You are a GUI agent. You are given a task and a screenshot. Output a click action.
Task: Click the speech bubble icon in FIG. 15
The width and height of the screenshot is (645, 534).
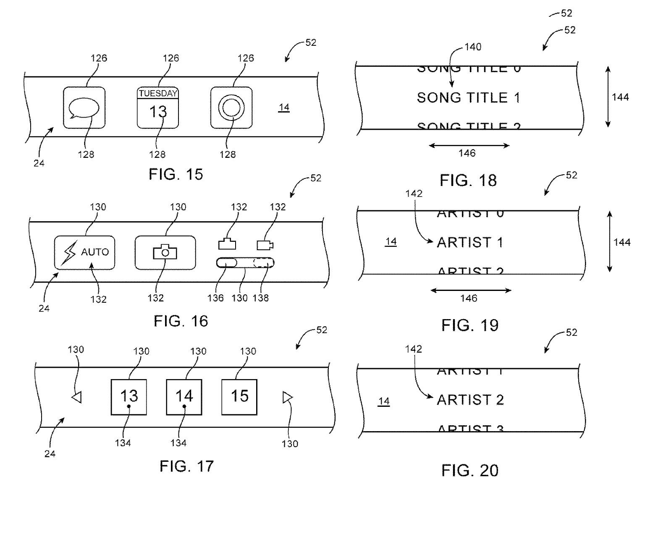(x=84, y=108)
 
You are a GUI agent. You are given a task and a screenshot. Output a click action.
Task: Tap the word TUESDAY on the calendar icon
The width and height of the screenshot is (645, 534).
(x=158, y=93)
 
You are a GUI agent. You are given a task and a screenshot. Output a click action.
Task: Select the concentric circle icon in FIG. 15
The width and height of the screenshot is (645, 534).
(x=231, y=108)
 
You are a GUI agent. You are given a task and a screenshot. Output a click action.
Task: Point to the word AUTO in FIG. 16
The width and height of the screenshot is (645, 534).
(x=95, y=252)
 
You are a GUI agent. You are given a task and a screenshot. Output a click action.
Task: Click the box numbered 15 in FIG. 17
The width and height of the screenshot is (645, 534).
(x=239, y=397)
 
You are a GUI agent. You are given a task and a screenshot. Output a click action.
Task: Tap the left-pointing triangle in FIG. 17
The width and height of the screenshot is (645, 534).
(x=76, y=397)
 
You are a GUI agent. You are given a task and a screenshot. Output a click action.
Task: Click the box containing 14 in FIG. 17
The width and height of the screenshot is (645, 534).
(x=184, y=397)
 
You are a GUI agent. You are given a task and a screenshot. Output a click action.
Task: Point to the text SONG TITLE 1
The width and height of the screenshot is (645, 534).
(x=468, y=98)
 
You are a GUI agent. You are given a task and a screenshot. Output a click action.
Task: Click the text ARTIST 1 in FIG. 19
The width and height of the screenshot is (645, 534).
(x=470, y=242)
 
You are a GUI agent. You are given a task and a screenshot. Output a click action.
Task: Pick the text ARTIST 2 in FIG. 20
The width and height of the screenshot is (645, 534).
(x=470, y=400)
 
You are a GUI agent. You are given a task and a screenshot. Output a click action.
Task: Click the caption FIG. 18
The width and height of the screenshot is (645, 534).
(x=468, y=181)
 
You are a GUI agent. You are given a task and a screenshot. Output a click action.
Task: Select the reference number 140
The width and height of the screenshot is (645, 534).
(x=473, y=47)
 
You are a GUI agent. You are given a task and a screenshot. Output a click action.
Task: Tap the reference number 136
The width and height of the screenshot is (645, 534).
(x=215, y=298)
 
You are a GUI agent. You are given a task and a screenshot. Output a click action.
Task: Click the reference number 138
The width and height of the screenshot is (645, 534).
(x=261, y=298)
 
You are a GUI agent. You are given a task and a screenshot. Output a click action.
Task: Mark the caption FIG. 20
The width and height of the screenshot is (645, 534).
(x=470, y=471)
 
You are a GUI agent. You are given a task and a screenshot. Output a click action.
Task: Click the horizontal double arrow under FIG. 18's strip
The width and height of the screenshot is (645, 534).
(x=469, y=146)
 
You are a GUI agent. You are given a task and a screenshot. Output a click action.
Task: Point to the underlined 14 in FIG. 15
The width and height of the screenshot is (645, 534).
(x=284, y=107)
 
